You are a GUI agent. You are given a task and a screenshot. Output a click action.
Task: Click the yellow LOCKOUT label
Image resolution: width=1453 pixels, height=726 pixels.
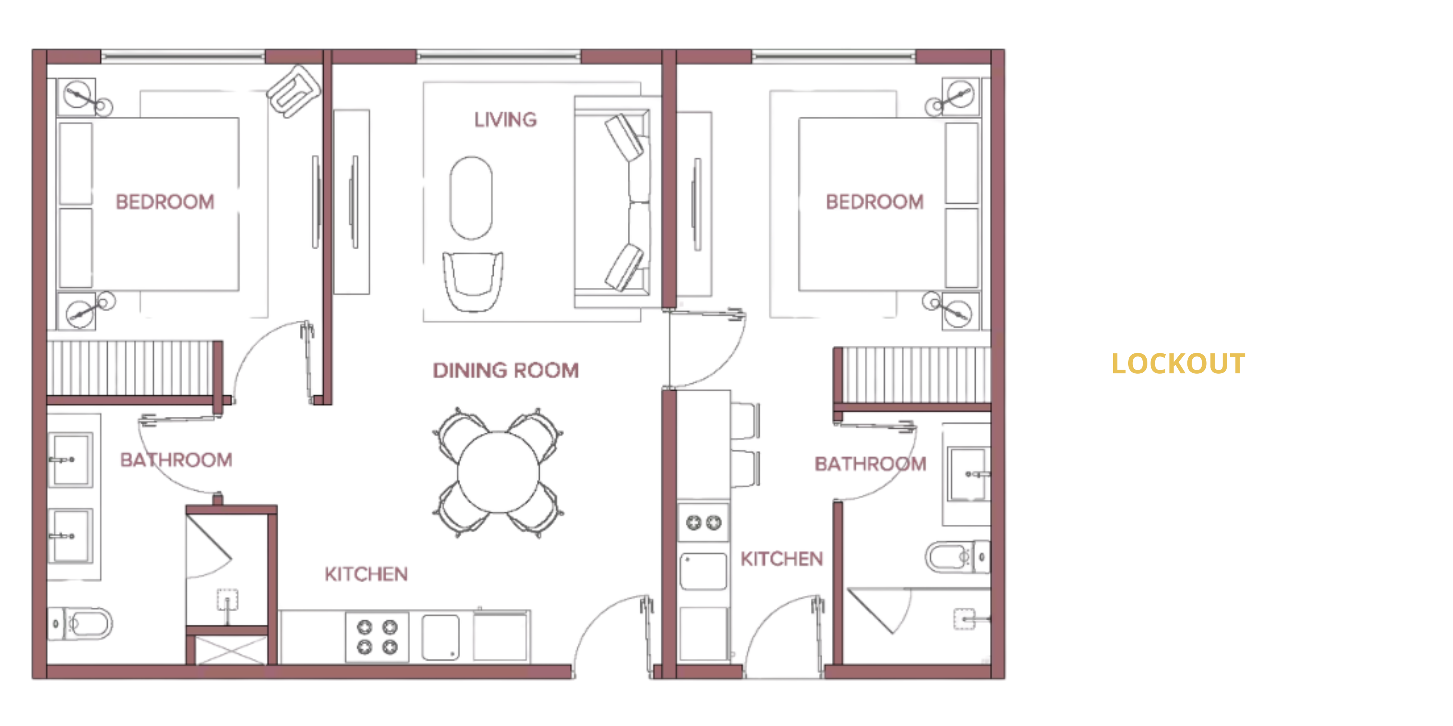[1178, 363]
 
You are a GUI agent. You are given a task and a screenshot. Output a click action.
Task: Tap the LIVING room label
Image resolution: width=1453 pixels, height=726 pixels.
[505, 119]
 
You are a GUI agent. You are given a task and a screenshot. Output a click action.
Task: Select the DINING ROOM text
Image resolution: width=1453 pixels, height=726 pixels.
[506, 370]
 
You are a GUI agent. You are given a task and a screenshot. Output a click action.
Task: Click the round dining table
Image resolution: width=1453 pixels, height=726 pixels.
[498, 472]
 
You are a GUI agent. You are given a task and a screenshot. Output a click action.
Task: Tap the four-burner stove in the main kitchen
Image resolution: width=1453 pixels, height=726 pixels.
[377, 637]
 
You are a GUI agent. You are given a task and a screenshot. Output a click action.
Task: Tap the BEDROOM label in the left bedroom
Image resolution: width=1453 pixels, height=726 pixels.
[165, 202]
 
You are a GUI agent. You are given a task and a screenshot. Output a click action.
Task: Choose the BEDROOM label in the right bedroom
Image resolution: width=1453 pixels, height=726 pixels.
[875, 202]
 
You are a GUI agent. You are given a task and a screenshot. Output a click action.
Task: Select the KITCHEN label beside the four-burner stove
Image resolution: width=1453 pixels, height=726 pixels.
[366, 574]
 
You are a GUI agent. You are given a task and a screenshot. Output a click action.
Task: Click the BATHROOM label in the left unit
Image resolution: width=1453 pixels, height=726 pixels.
[176, 459]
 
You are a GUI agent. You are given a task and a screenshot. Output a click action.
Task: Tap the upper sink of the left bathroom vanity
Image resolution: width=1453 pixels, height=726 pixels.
[70, 459]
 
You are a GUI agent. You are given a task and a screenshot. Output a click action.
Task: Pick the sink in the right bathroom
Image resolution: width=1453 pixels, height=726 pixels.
[969, 474]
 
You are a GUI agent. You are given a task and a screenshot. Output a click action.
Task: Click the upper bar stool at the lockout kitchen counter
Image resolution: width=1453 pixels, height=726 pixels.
[745, 421]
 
